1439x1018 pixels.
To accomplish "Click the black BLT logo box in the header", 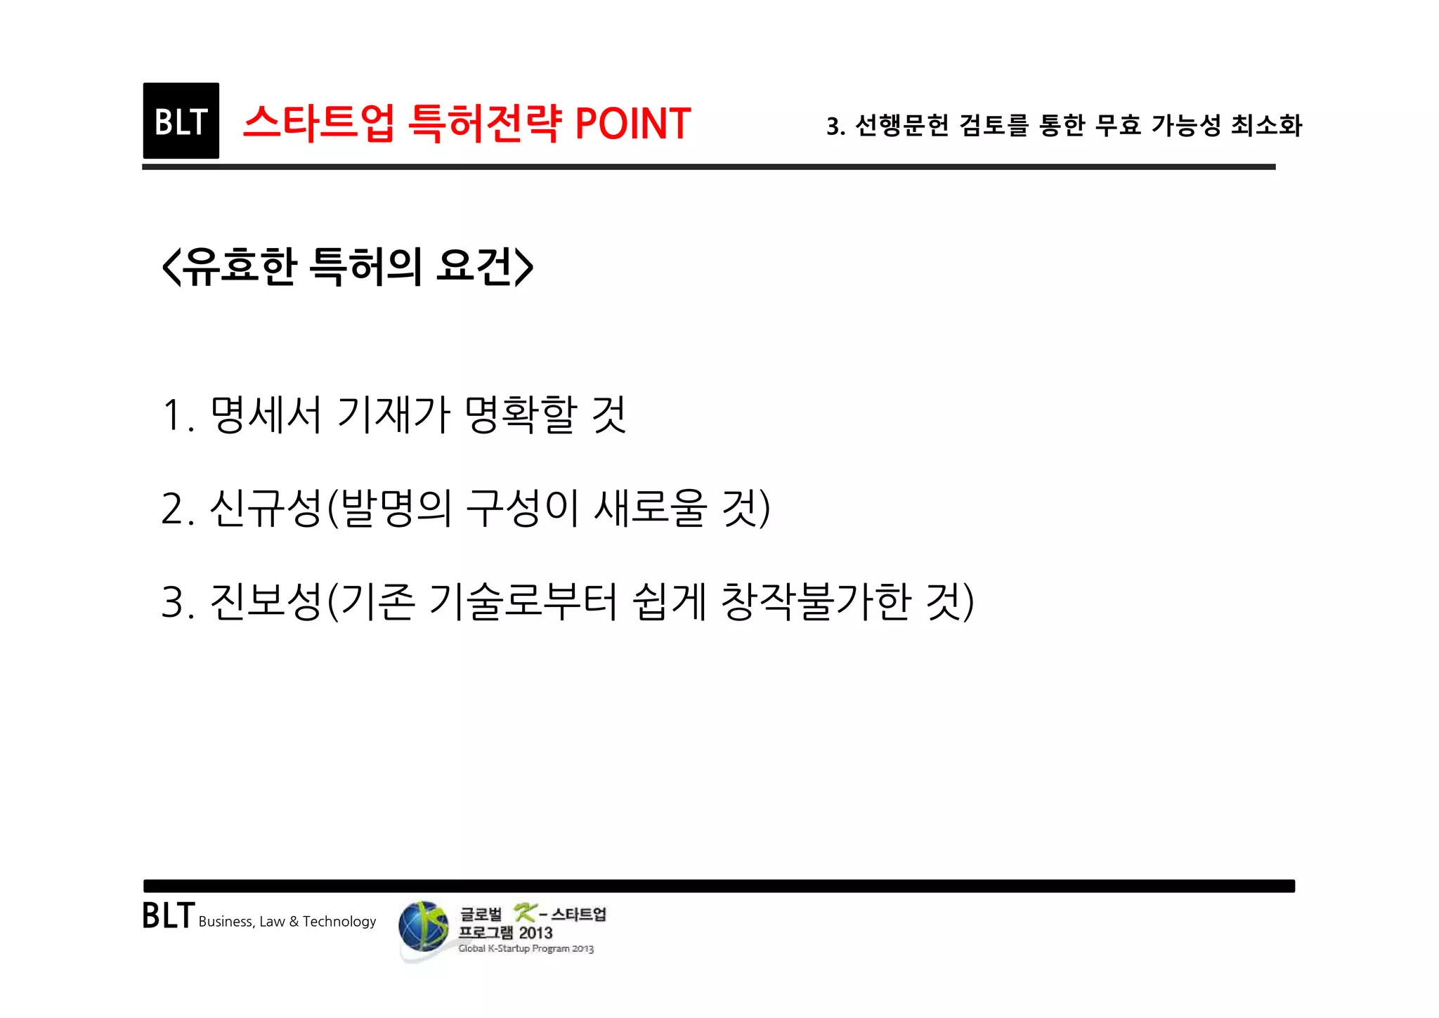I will click(181, 121).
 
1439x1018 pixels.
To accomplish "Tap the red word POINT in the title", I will click(632, 124).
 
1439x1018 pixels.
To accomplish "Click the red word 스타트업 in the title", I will click(318, 124).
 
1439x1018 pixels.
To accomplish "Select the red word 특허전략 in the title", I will click(486, 124).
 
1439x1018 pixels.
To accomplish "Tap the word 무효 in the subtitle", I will click(1117, 126).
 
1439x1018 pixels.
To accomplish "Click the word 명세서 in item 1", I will click(266, 415).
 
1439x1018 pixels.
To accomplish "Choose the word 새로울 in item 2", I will click(650, 508).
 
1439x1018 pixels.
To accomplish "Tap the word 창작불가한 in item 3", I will click(816, 602).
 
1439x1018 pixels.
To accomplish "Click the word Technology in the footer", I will click(339, 922).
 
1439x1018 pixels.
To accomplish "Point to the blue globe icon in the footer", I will click(423, 927).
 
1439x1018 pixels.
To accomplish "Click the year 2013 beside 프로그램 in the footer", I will click(535, 933).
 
